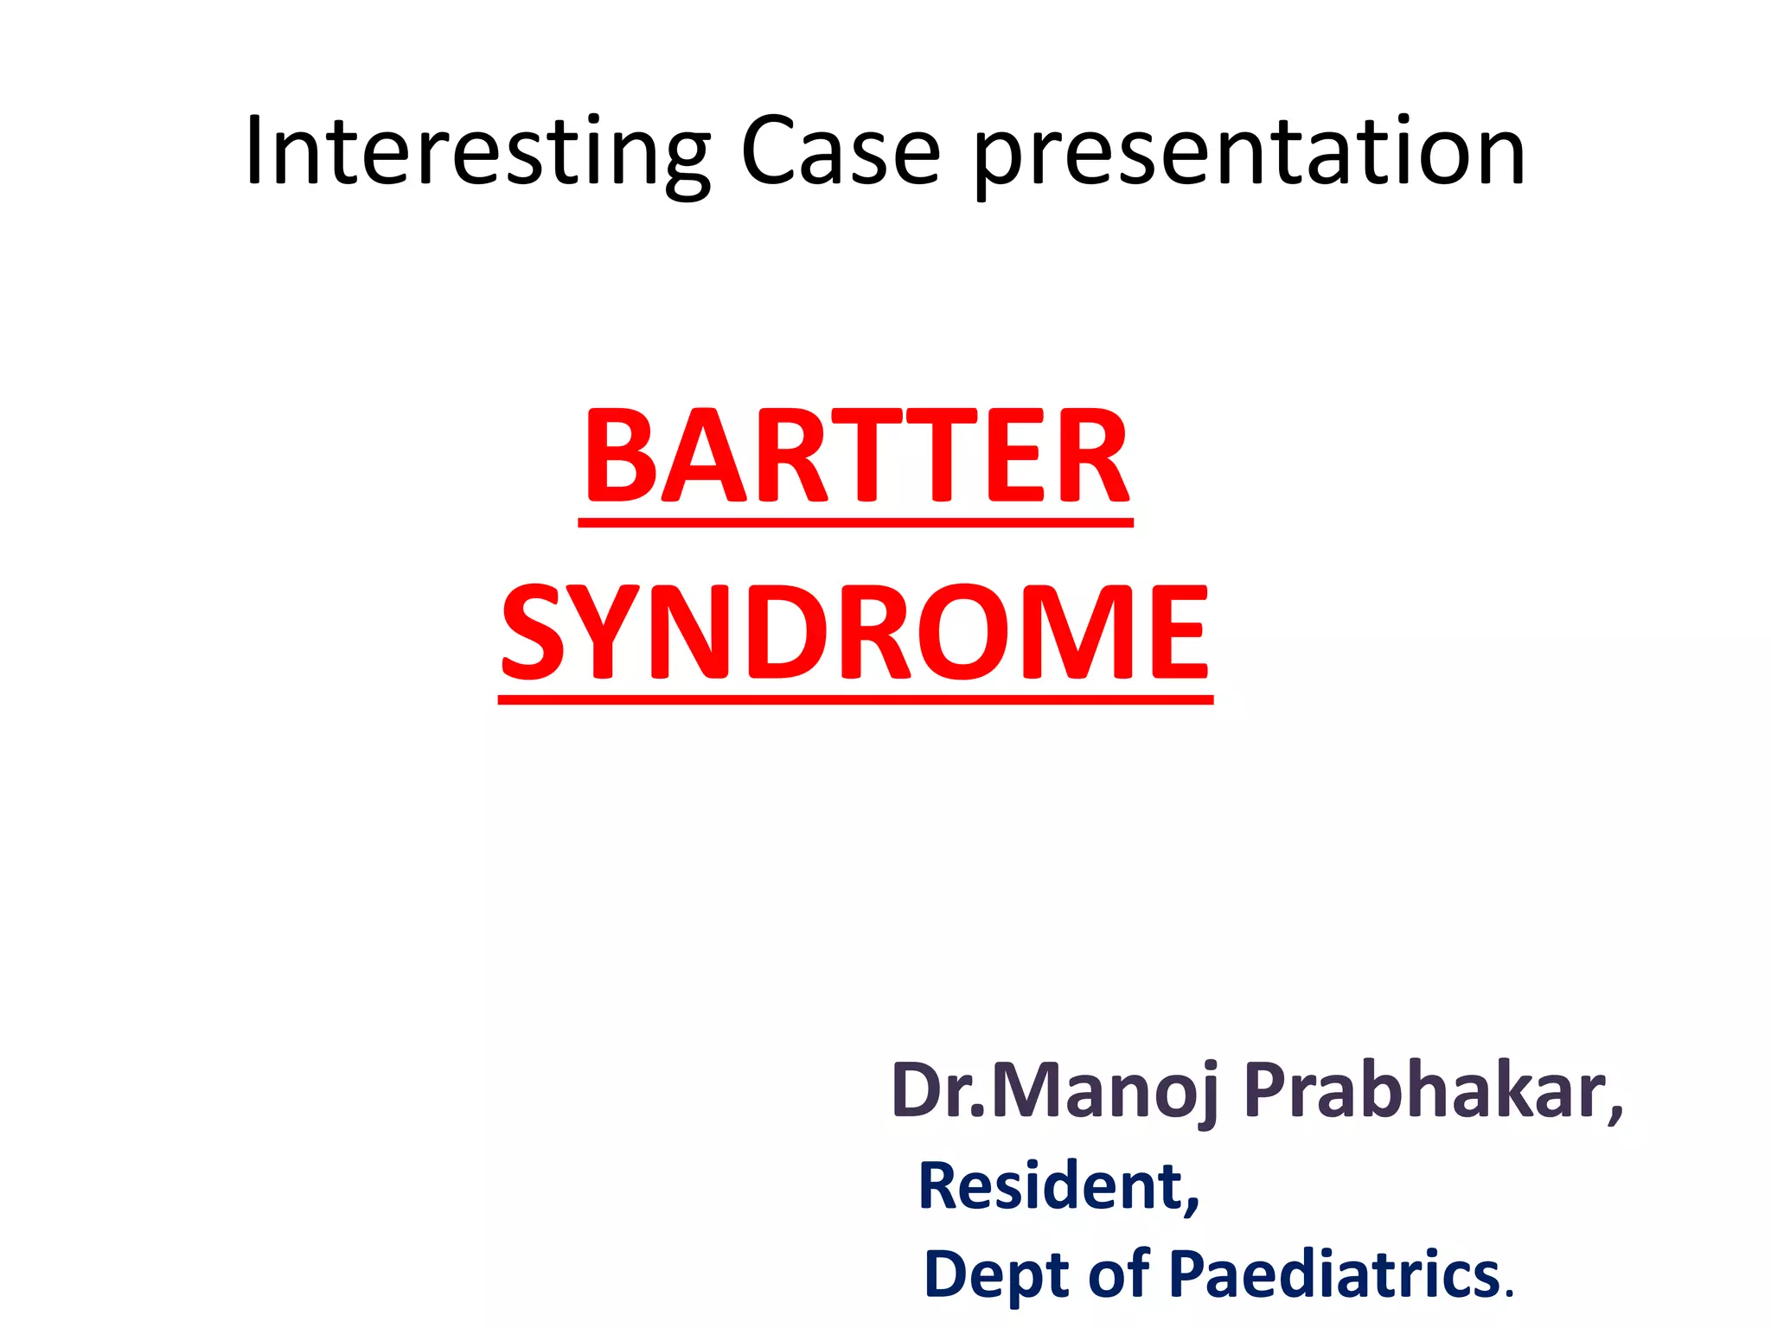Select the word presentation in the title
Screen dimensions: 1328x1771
(1249, 156)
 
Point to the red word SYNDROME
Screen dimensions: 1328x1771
(855, 632)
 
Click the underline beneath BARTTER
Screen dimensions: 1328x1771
(855, 522)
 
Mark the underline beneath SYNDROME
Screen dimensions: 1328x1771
(855, 699)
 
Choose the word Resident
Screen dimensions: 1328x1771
(1051, 1186)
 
